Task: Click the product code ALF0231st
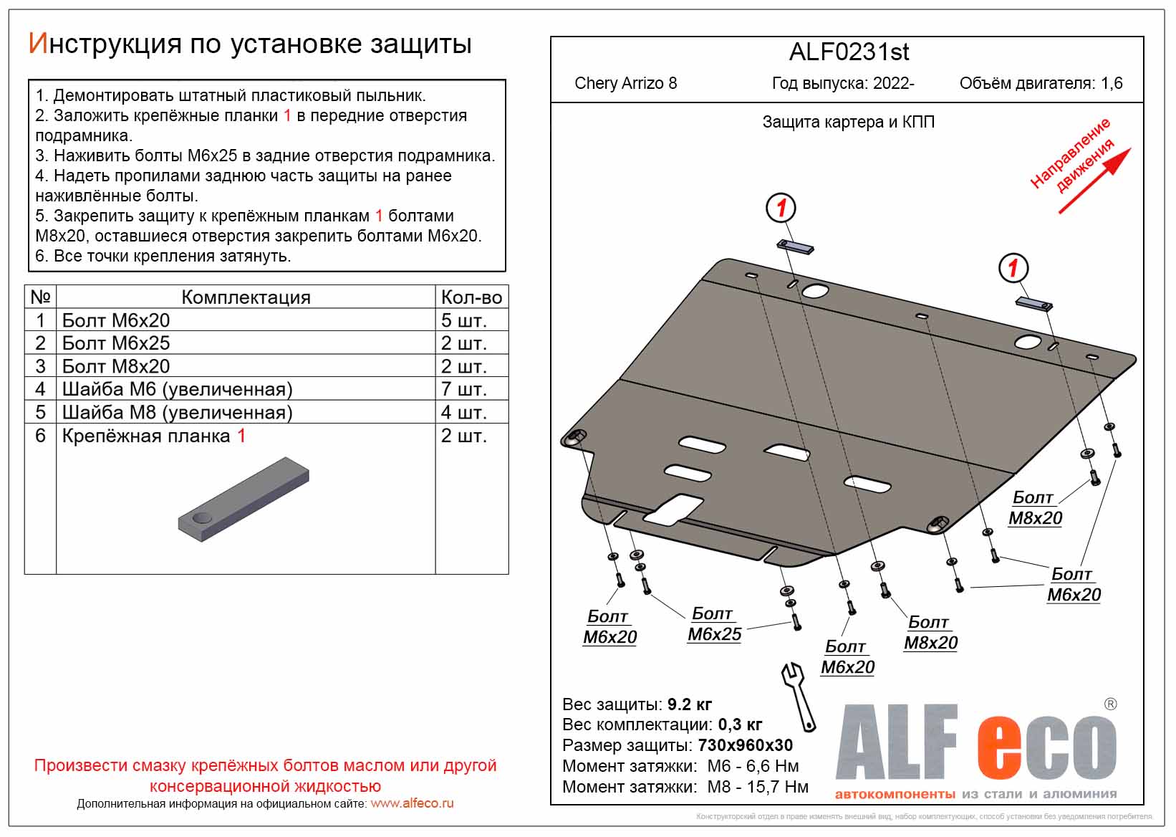[849, 52]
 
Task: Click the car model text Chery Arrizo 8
[625, 83]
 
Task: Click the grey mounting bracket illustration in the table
[244, 499]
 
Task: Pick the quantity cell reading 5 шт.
[463, 320]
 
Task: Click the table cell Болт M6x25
[116, 343]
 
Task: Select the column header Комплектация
[246, 297]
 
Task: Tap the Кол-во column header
[471, 297]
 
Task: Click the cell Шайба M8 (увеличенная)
[177, 413]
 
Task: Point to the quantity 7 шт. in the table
[463, 389]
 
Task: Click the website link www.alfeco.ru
[412, 804]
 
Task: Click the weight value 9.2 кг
[689, 704]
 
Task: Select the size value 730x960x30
[745, 745]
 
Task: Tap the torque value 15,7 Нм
[776, 787]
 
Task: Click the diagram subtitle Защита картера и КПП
[848, 122]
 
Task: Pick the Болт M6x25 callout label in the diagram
[714, 624]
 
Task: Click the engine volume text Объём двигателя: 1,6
[1041, 83]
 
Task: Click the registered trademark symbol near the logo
[1110, 704]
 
